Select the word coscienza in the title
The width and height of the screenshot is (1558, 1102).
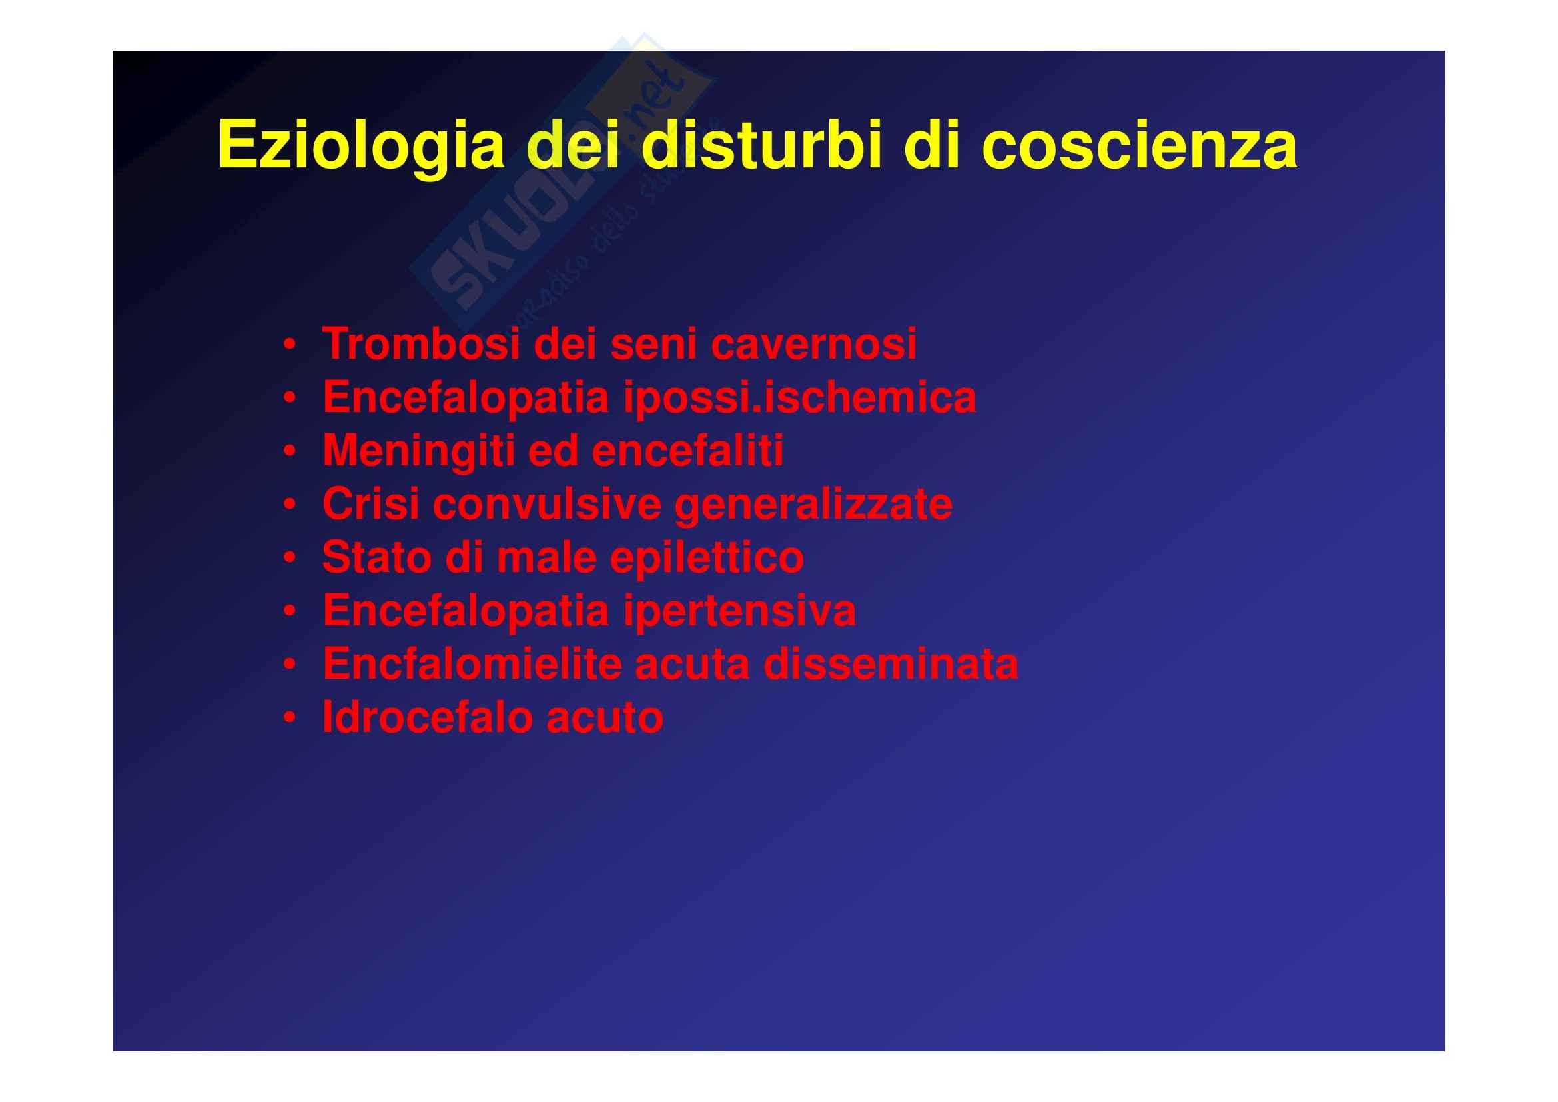pyautogui.click(x=1140, y=145)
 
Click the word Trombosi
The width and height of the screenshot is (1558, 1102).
pyautogui.click(x=421, y=343)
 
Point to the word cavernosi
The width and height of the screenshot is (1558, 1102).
pyautogui.click(x=813, y=344)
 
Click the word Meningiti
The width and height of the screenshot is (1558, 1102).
pyautogui.click(x=418, y=452)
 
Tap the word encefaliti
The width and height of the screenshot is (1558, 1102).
pyautogui.click(x=688, y=451)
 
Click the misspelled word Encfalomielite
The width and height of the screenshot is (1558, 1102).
pyautogui.click(x=472, y=665)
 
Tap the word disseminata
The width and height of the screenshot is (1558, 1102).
pyautogui.click(x=891, y=665)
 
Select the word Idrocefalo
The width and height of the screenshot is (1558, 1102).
pyautogui.click(x=427, y=719)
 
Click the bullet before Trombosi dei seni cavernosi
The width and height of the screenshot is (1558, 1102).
pyautogui.click(x=290, y=345)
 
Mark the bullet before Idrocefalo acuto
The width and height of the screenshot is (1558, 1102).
pyautogui.click(x=290, y=719)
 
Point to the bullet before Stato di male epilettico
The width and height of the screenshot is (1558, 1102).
pyautogui.click(x=290, y=559)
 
